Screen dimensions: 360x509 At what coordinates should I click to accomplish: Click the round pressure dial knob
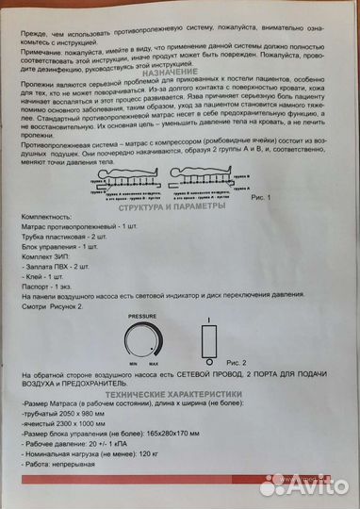(x=151, y=341)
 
